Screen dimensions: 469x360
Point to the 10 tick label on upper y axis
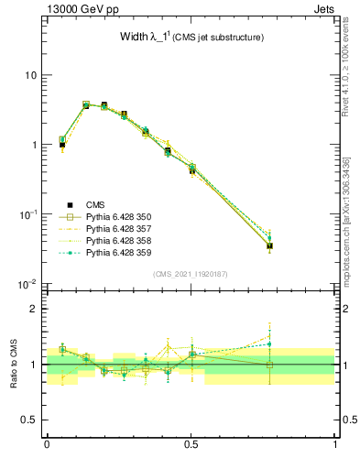coord(29,75)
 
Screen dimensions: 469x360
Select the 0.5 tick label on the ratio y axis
coord(27,420)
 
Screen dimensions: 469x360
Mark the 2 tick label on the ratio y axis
coord(33,309)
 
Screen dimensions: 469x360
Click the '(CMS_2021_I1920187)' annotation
coord(191,274)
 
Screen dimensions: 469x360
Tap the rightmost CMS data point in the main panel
coord(269,245)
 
